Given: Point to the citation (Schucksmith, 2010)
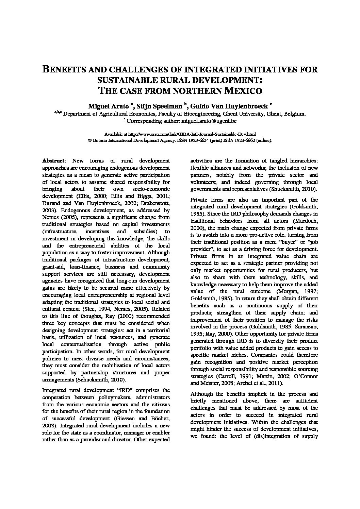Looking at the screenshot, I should (100, 380).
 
